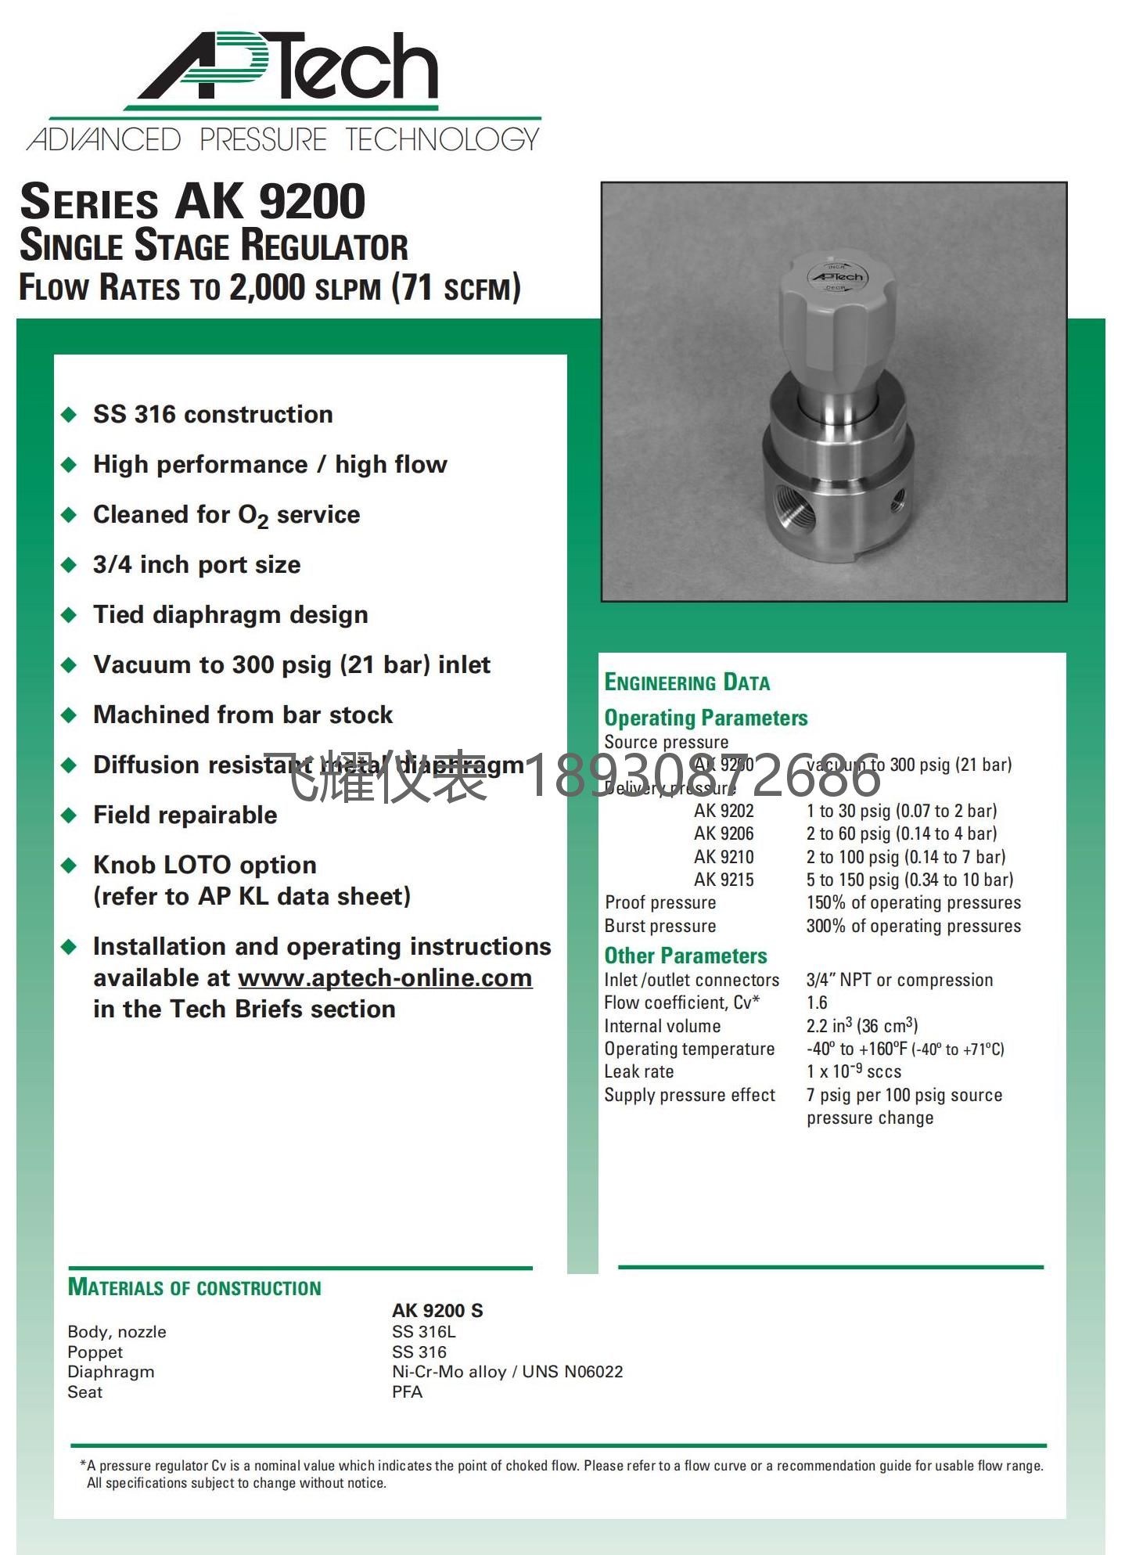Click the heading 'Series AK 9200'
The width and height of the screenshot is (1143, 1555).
pyautogui.click(x=192, y=202)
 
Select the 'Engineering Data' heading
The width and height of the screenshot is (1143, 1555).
pyautogui.click(x=687, y=682)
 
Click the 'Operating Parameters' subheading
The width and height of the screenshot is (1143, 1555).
pyautogui.click(x=706, y=718)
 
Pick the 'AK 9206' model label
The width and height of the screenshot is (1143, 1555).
pyautogui.click(x=724, y=833)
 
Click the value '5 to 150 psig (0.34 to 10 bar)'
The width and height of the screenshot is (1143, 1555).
pyautogui.click(x=910, y=880)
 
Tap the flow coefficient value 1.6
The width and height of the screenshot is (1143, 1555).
pyautogui.click(x=817, y=1002)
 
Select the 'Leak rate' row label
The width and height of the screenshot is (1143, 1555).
pyautogui.click(x=638, y=1071)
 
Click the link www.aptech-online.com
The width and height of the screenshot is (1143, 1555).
pyautogui.click(x=385, y=978)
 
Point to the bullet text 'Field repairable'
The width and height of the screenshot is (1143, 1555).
pyautogui.click(x=185, y=815)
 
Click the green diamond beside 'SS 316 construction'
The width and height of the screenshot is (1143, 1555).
pyautogui.click(x=69, y=414)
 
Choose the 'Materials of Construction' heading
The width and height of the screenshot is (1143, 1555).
pyautogui.click(x=194, y=1287)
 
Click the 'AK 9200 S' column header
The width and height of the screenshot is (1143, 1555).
pyautogui.click(x=437, y=1311)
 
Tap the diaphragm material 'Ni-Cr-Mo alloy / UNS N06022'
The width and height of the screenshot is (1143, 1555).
pyautogui.click(x=507, y=1372)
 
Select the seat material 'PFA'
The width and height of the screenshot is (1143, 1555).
pyautogui.click(x=407, y=1392)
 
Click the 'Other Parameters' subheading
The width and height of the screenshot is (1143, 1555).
pyautogui.click(x=685, y=956)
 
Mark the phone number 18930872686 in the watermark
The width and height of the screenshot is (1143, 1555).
pyautogui.click(x=701, y=776)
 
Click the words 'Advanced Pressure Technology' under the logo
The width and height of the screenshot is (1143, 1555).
pyautogui.click(x=283, y=140)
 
